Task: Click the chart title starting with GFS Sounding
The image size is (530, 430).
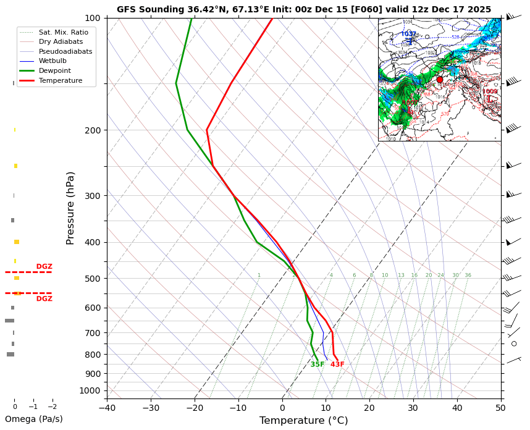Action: [304, 9]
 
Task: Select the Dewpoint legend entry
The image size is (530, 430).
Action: [60, 70]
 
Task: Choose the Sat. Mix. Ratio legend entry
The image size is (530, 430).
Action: [64, 32]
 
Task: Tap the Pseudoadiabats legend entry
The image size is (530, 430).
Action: [65, 51]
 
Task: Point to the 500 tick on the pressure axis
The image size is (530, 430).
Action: [91, 279]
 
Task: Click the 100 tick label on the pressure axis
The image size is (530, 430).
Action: [91, 18]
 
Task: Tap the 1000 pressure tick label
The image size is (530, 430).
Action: [90, 390]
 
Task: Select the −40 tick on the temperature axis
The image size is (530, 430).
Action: [107, 408]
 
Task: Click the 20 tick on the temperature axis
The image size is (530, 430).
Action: [369, 408]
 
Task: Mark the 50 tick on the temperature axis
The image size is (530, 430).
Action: [501, 408]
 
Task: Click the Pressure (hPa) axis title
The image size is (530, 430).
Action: [70, 208]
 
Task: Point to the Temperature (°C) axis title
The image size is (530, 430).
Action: [303, 421]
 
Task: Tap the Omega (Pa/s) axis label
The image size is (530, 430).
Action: [34, 419]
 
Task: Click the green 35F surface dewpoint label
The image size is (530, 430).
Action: [318, 365]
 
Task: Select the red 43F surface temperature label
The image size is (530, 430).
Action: [337, 365]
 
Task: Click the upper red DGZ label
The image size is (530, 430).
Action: [44, 267]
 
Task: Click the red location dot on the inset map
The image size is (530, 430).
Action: [440, 80]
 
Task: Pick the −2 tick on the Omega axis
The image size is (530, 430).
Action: [52, 407]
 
